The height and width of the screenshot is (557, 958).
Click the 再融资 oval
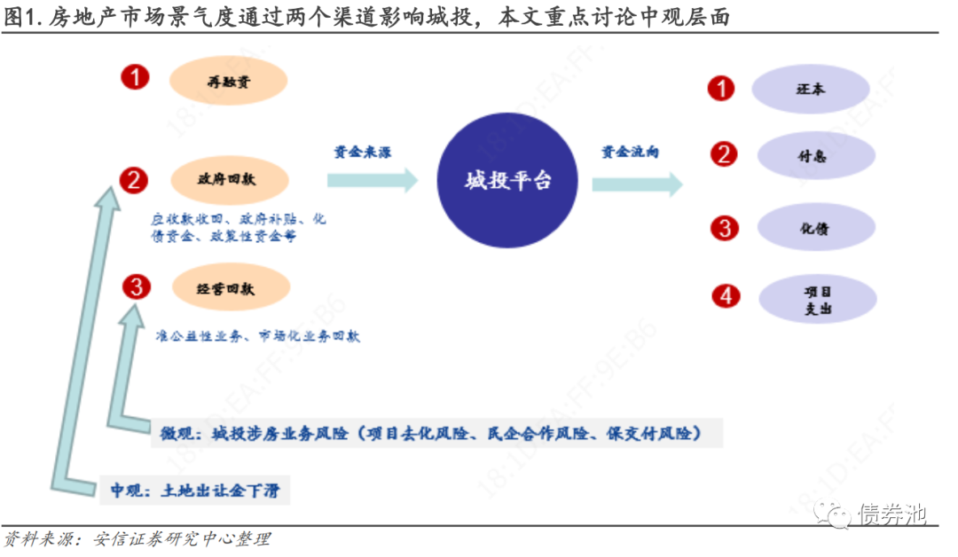tap(229, 81)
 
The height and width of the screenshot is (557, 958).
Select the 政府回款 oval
tap(229, 179)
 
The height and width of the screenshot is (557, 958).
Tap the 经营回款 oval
tap(229, 287)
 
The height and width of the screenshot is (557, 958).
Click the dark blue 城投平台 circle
tap(508, 181)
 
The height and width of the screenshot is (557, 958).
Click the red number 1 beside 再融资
tap(136, 78)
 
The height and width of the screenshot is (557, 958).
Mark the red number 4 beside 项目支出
tap(726, 295)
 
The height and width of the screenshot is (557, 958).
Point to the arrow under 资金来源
tap(372, 180)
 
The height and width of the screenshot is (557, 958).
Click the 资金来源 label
tap(362, 152)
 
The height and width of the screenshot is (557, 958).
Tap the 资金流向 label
tap(630, 152)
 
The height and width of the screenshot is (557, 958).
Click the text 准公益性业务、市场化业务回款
tap(256, 337)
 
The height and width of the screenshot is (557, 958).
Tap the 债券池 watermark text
tap(891, 513)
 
